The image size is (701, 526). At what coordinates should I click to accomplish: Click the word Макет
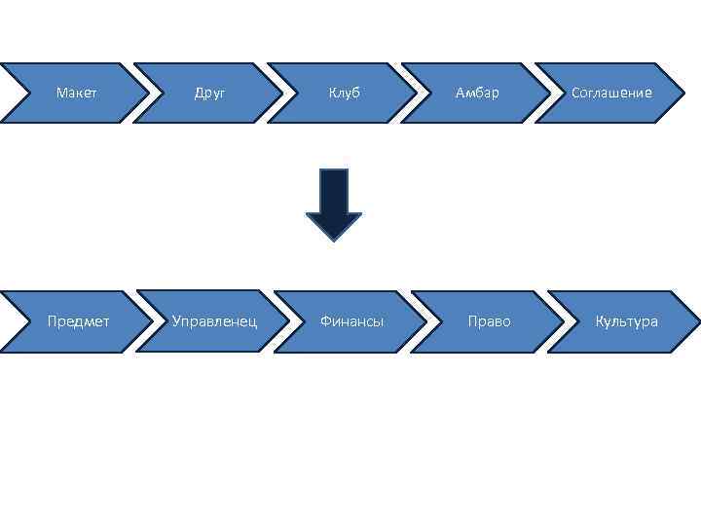[76, 94]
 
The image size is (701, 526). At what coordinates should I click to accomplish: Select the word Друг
[209, 94]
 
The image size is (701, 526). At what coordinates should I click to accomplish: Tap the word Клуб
[344, 94]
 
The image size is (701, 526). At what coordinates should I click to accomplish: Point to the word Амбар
[477, 94]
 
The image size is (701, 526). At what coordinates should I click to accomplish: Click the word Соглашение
[611, 94]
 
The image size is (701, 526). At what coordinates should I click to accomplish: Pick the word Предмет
[79, 321]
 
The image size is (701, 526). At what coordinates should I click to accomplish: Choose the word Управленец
[214, 321]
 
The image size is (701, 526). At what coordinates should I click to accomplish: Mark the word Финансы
[351, 321]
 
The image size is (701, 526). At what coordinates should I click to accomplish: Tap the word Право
[489, 321]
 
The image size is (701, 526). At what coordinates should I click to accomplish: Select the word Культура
[627, 321]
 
